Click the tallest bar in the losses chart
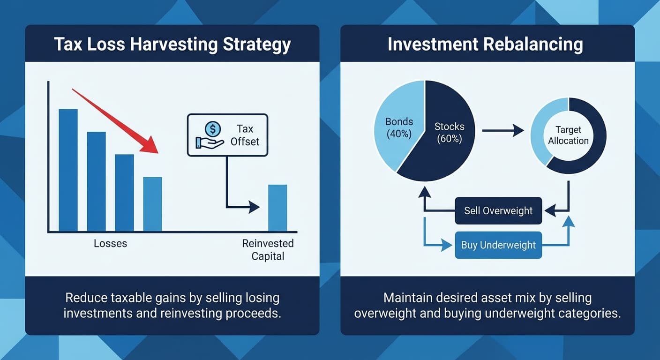[x=68, y=170]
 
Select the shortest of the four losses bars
[x=153, y=204]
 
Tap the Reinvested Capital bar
[x=277, y=208]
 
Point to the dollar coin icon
[x=213, y=129]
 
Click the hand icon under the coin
[x=210, y=143]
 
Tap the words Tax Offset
[x=245, y=135]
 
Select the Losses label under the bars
[x=111, y=244]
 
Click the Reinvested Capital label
[x=268, y=250]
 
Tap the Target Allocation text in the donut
[x=569, y=135]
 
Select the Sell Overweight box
[x=498, y=210]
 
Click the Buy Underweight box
[x=498, y=245]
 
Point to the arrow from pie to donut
[x=503, y=130]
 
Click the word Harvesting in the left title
[x=173, y=44]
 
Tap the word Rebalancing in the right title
[x=533, y=44]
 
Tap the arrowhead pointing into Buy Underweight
[x=446, y=245]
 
